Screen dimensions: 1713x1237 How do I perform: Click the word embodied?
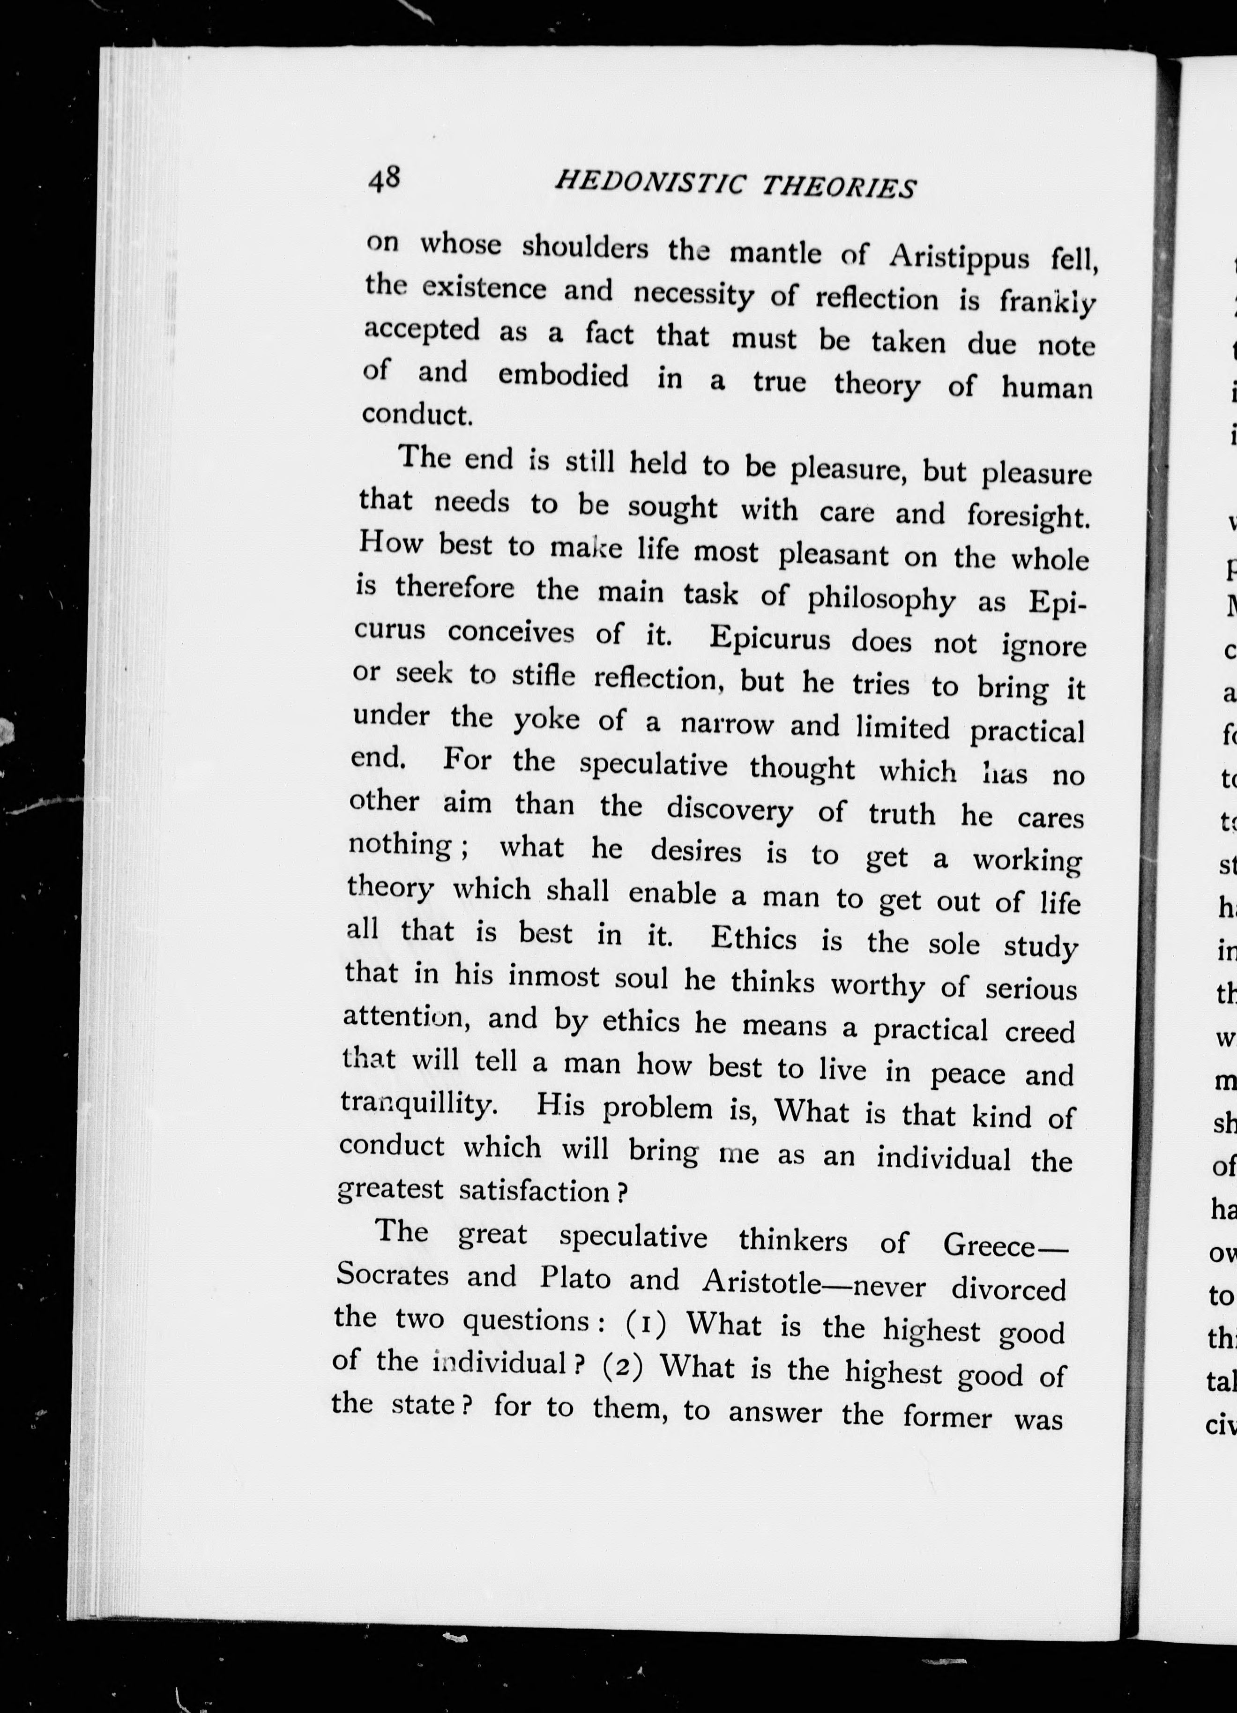[563, 375]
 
